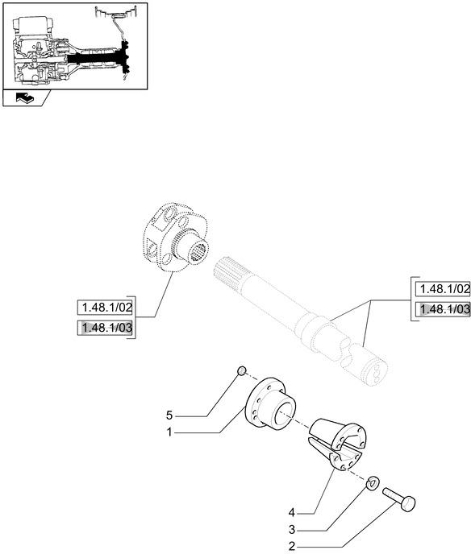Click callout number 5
point(169,415)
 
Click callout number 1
point(169,432)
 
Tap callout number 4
point(292,512)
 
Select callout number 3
point(292,530)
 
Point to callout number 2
point(292,547)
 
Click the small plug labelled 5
point(241,371)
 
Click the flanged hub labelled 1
point(269,402)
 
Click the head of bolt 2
point(409,503)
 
